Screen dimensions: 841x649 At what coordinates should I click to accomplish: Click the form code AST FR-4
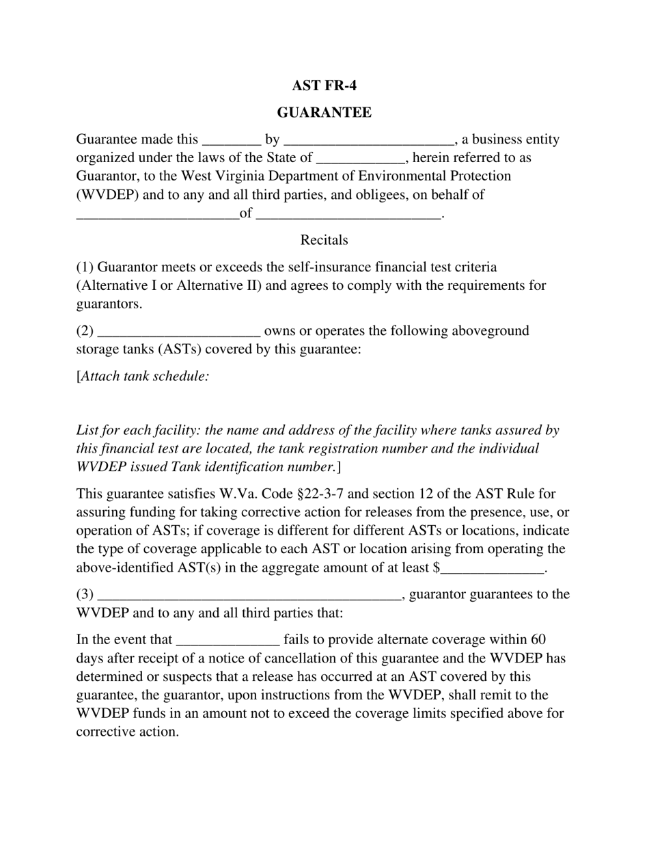click(x=324, y=85)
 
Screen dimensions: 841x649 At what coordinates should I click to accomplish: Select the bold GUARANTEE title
click(x=324, y=113)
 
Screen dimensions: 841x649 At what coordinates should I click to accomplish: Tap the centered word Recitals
click(x=324, y=240)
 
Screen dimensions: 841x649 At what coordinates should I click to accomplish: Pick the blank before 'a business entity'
click(x=368, y=142)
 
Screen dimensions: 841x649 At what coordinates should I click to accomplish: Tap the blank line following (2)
click(x=179, y=333)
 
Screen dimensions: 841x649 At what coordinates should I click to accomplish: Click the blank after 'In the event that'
click(x=227, y=642)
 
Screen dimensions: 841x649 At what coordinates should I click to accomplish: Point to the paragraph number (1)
click(x=85, y=267)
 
